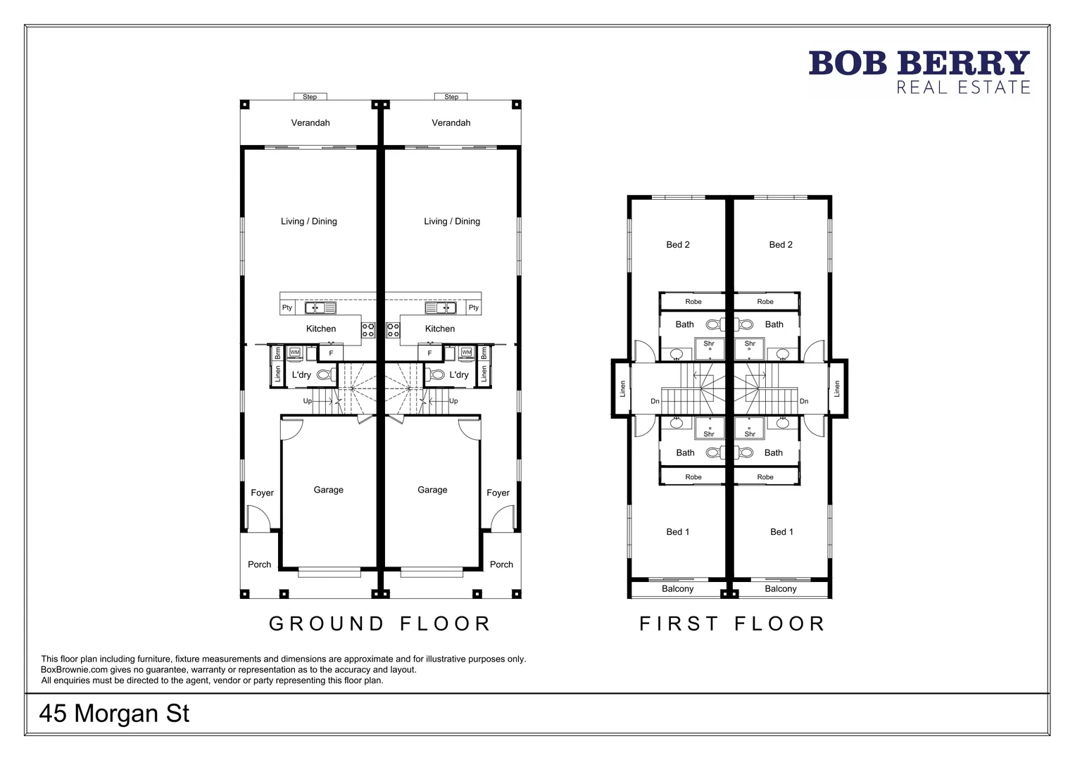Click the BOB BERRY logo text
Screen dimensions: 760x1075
pyautogui.click(x=919, y=63)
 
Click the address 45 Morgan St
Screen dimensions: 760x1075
pyautogui.click(x=114, y=714)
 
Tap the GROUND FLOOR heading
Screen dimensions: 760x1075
pyautogui.click(x=379, y=623)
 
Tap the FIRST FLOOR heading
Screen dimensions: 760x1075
pyautogui.click(x=732, y=623)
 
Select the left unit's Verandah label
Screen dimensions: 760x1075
pyautogui.click(x=310, y=122)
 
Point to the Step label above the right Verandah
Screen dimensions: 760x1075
pyautogui.click(x=451, y=97)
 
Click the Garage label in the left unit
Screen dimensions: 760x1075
pyautogui.click(x=328, y=490)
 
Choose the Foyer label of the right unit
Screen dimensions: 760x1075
pyautogui.click(x=498, y=493)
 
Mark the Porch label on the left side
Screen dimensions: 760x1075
pyautogui.click(x=259, y=564)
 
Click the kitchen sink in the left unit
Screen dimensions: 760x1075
pyautogui.click(x=320, y=308)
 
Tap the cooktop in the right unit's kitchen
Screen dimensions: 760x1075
pyautogui.click(x=392, y=329)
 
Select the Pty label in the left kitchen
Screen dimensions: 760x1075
pyautogui.click(x=287, y=308)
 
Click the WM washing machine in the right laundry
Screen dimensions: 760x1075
pyautogui.click(x=466, y=352)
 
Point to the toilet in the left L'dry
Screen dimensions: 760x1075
pyautogui.click(x=325, y=375)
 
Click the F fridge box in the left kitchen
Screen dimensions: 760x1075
pyautogui.click(x=331, y=353)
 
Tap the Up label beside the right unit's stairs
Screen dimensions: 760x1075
pyautogui.click(x=453, y=401)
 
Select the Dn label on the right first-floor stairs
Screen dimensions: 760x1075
pyautogui.click(x=804, y=401)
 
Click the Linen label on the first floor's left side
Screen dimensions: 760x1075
pyautogui.click(x=622, y=388)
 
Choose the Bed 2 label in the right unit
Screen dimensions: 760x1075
pyautogui.click(x=781, y=245)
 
